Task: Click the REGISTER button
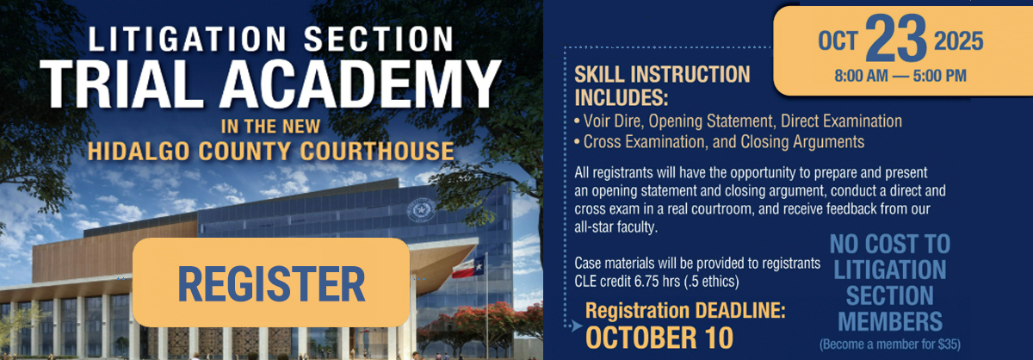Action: coord(271,282)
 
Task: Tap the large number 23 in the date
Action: coord(895,38)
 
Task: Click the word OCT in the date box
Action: coord(838,41)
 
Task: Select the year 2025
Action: coord(958,41)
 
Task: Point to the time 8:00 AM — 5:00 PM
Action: coord(900,76)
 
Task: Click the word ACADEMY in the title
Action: coord(360,84)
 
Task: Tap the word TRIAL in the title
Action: coord(122,84)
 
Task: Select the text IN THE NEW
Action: coord(270,126)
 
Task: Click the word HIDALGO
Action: coord(139,152)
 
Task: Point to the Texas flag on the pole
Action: coord(467,267)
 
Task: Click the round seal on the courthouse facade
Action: coord(421,211)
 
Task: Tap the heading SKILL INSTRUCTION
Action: coord(662,74)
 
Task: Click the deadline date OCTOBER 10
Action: coord(659,337)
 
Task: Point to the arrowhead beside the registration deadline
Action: coord(577,326)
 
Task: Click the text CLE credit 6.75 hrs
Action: coord(627,281)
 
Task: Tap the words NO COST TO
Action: coord(890,244)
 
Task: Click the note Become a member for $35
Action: coord(890,344)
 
